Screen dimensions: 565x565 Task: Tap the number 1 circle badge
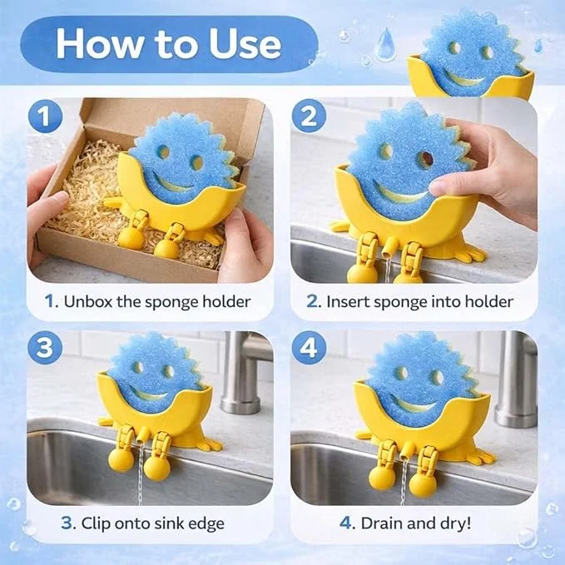point(45,116)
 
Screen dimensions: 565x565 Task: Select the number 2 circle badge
point(309,116)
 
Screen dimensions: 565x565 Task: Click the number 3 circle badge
point(45,348)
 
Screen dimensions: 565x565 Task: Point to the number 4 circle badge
point(309,348)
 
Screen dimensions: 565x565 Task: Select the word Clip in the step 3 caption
point(95,523)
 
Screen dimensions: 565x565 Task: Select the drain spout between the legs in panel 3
point(141,435)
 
